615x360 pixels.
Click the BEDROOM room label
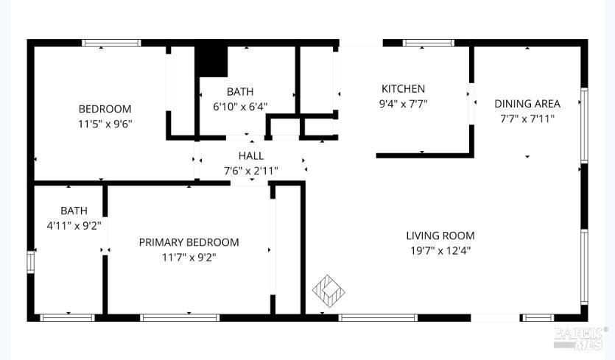point(105,109)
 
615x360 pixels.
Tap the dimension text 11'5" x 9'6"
point(105,124)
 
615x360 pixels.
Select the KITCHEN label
point(403,89)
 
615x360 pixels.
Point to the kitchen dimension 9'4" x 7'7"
point(403,104)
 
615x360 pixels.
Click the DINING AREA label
point(527,104)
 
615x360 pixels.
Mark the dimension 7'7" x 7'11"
point(527,118)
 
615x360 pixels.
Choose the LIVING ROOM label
point(440,236)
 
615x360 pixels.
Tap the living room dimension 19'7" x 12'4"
point(440,250)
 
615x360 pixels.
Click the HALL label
point(251,156)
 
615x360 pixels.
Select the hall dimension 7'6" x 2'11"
point(251,171)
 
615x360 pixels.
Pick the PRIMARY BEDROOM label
point(189,242)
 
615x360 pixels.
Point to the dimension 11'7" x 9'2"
point(189,257)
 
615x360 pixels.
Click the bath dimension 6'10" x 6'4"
point(240,106)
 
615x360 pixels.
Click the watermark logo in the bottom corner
point(580,337)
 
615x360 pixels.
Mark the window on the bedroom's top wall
point(111,43)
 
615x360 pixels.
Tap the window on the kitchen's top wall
point(428,43)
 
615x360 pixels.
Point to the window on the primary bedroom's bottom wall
point(180,318)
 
